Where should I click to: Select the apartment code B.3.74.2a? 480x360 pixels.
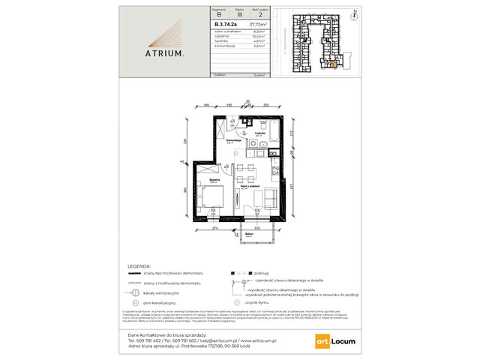coord(205,23)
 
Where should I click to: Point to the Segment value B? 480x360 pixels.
coord(196,13)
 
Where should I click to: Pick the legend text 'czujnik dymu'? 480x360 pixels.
coord(276,298)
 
